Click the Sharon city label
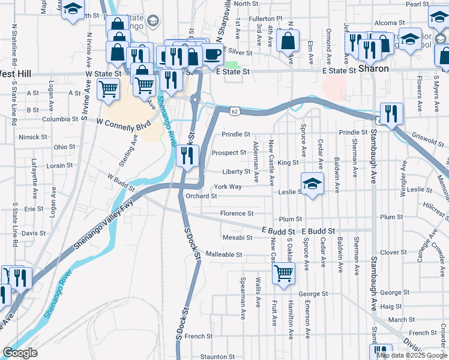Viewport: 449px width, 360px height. pyautogui.click(x=373, y=69)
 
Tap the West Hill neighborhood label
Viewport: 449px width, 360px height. pyautogui.click(x=15, y=74)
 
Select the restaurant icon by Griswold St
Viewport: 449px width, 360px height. pyautogui.click(x=391, y=113)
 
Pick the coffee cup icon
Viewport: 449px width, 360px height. pyautogui.click(x=212, y=54)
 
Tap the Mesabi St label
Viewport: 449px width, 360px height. pyautogui.click(x=237, y=237)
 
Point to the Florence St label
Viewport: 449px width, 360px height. pyautogui.click(x=237, y=213)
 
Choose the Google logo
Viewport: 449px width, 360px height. pyautogui.click(x=20, y=353)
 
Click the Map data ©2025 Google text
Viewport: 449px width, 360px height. pyautogui.click(x=411, y=355)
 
